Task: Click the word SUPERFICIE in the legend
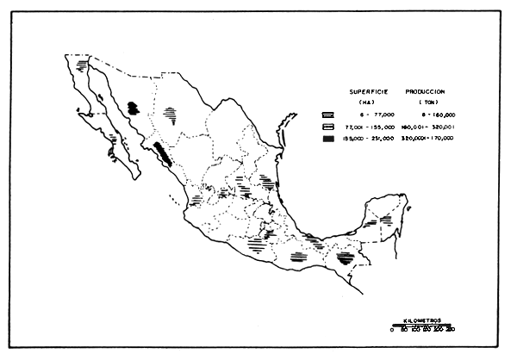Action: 368,90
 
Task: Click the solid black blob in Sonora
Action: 133,108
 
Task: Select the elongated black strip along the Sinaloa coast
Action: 163,156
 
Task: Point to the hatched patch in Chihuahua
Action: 172,113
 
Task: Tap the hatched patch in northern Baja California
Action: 83,65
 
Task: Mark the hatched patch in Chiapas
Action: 346,257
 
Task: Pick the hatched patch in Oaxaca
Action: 298,256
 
